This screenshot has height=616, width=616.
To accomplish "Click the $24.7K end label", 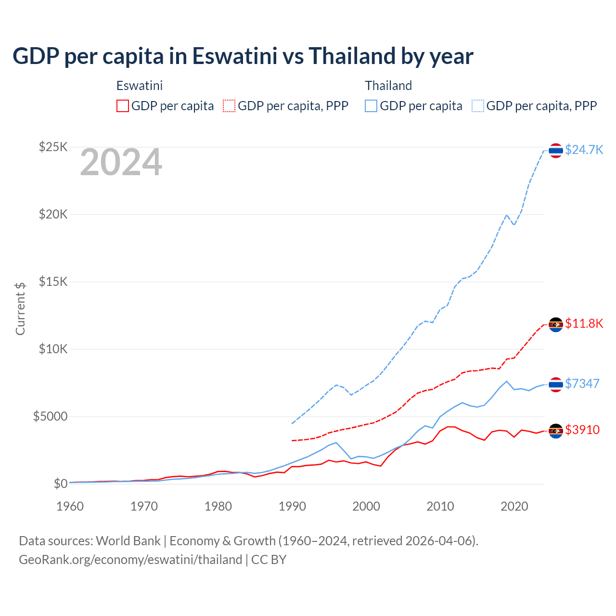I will tap(584, 150).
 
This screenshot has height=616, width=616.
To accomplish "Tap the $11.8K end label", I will tap(584, 323).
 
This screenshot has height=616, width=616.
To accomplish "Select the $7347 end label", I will tap(582, 384).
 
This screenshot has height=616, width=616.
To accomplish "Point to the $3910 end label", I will tap(582, 430).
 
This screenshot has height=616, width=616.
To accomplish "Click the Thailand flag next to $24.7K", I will tap(556, 151).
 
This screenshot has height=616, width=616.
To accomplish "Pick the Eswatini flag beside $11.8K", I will tap(556, 324).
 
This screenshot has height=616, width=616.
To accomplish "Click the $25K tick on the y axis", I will tap(53, 147).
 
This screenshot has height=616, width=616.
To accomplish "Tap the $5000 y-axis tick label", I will tap(50, 416).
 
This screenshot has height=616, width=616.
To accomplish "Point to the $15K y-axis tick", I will tap(53, 282).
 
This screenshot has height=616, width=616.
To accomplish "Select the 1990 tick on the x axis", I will tap(292, 506).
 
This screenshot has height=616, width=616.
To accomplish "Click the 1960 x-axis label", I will tap(70, 506).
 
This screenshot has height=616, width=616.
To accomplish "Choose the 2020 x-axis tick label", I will tap(514, 506).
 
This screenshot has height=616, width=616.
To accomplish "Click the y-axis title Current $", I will tap(20, 308).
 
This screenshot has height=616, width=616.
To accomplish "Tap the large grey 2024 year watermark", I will tap(121, 163).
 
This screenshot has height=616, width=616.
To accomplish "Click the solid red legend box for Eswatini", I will tap(123, 106).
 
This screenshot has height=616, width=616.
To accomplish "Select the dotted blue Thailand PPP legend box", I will tap(478, 106).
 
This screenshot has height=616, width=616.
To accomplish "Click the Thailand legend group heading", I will tap(388, 86).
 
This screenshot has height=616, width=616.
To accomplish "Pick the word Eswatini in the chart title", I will tap(235, 56).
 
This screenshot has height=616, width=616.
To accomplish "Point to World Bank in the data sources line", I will tap(128, 541).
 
